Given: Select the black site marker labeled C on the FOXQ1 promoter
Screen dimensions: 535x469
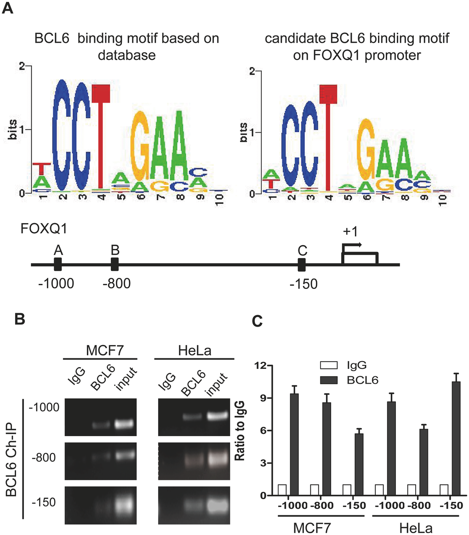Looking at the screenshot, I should coord(302,265).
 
